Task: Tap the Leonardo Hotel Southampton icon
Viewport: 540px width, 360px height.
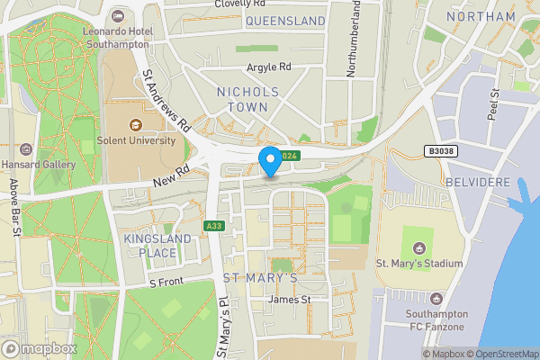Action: (119, 16)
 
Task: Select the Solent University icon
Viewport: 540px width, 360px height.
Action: (136, 124)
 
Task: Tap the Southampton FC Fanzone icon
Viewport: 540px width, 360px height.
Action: (436, 298)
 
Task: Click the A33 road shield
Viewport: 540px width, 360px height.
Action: (213, 226)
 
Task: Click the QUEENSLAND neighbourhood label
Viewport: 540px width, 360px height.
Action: (285, 20)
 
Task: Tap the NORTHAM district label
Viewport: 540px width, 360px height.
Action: (481, 16)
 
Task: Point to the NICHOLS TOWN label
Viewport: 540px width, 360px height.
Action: (248, 99)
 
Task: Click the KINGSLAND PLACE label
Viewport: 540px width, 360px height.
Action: (157, 247)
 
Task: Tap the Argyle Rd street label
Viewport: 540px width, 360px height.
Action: (270, 67)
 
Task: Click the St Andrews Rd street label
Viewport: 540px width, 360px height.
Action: (167, 104)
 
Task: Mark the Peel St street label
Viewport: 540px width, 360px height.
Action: (493, 104)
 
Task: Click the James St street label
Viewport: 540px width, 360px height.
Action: (290, 300)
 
